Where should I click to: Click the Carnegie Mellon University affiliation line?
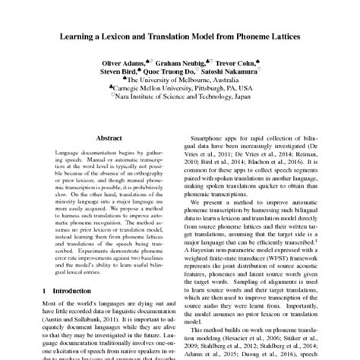pos(182,87)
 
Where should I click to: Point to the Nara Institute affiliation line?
pos(182,96)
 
